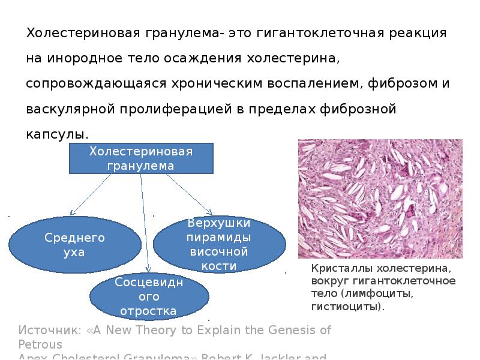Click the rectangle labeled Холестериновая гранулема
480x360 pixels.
point(141,158)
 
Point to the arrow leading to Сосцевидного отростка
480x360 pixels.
point(146,228)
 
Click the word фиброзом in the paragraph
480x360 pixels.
point(402,84)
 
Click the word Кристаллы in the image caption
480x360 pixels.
point(339,268)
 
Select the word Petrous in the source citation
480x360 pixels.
point(41,344)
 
